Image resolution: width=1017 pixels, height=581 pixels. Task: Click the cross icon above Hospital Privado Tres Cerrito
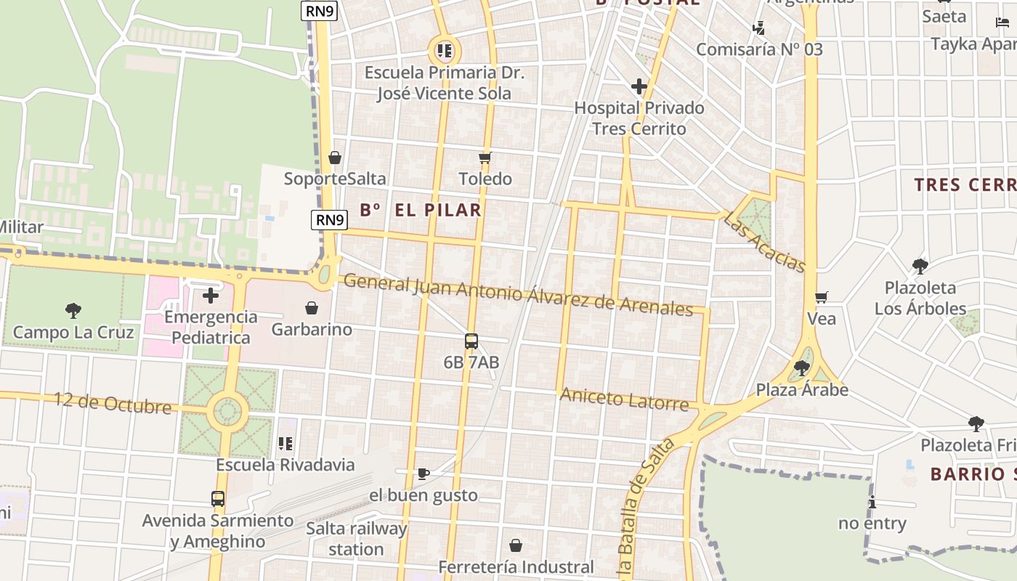pyautogui.click(x=639, y=87)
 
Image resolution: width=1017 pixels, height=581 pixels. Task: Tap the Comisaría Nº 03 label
pyautogui.click(x=759, y=49)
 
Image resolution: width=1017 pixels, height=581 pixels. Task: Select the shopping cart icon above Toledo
pyautogui.click(x=485, y=158)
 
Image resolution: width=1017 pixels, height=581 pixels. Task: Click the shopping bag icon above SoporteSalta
pyautogui.click(x=335, y=158)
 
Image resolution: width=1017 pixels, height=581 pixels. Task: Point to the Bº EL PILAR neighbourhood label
pyautogui.click(x=421, y=211)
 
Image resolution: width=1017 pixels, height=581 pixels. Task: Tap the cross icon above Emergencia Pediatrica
pyautogui.click(x=211, y=296)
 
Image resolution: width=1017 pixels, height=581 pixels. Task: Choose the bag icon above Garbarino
pyautogui.click(x=312, y=309)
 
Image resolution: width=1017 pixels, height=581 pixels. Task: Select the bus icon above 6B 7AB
pyautogui.click(x=471, y=341)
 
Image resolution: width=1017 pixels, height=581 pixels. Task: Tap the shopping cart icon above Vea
pyautogui.click(x=822, y=297)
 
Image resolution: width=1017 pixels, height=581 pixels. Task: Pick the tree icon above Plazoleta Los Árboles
pyautogui.click(x=920, y=267)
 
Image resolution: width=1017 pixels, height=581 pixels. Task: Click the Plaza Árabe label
pyautogui.click(x=802, y=390)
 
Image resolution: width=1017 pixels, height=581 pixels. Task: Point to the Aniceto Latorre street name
pyautogui.click(x=624, y=398)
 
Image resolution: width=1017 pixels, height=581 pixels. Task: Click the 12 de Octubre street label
pyautogui.click(x=113, y=403)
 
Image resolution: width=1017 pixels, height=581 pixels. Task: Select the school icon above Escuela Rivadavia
pyautogui.click(x=285, y=443)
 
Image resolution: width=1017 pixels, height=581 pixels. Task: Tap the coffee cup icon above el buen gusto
pyautogui.click(x=424, y=474)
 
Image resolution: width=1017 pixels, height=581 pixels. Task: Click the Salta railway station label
pyautogui.click(x=356, y=539)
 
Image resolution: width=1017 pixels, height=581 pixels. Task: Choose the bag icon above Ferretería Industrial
pyautogui.click(x=516, y=545)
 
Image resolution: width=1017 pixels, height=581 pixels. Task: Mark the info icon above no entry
pyautogui.click(x=872, y=502)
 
